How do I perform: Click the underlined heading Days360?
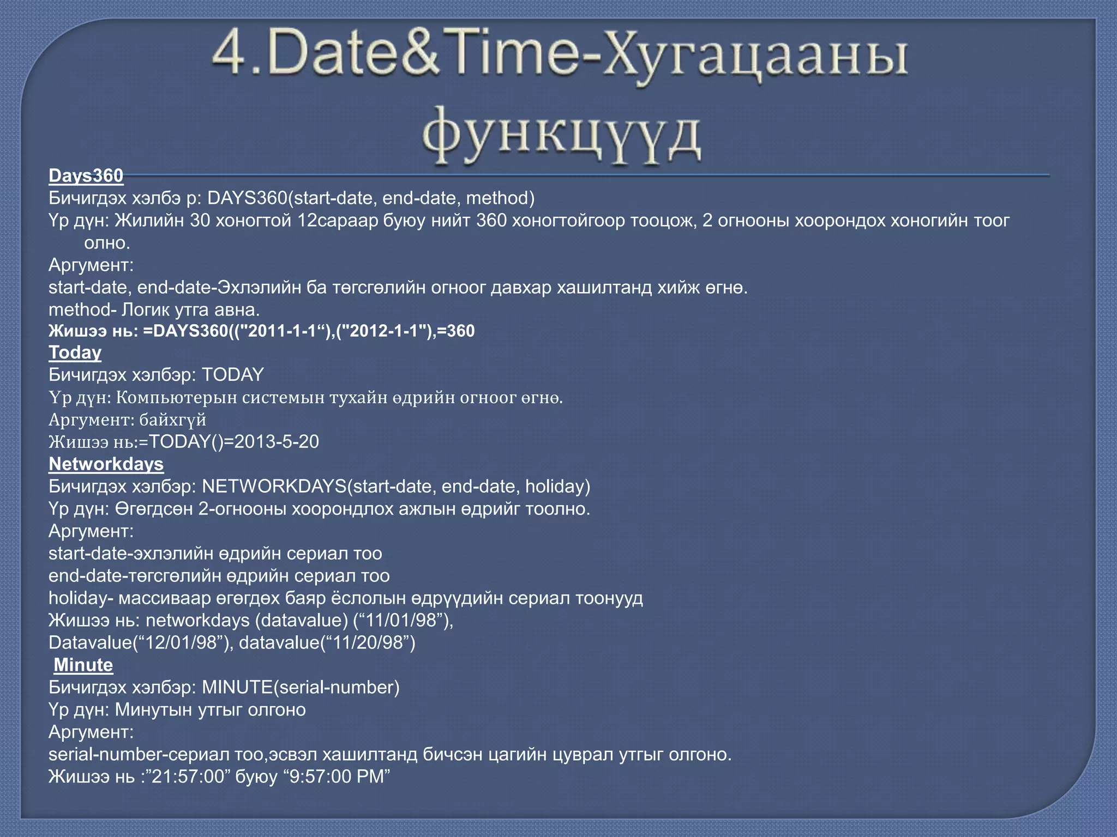(x=86, y=175)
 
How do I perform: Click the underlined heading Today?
(x=75, y=353)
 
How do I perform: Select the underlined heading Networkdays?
(x=106, y=464)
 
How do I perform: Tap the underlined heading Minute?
(x=83, y=665)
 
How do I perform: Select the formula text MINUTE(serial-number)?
(x=301, y=687)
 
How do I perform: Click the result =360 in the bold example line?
(x=455, y=331)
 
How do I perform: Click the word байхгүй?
(x=172, y=420)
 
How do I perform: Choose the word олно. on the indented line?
(x=107, y=242)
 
